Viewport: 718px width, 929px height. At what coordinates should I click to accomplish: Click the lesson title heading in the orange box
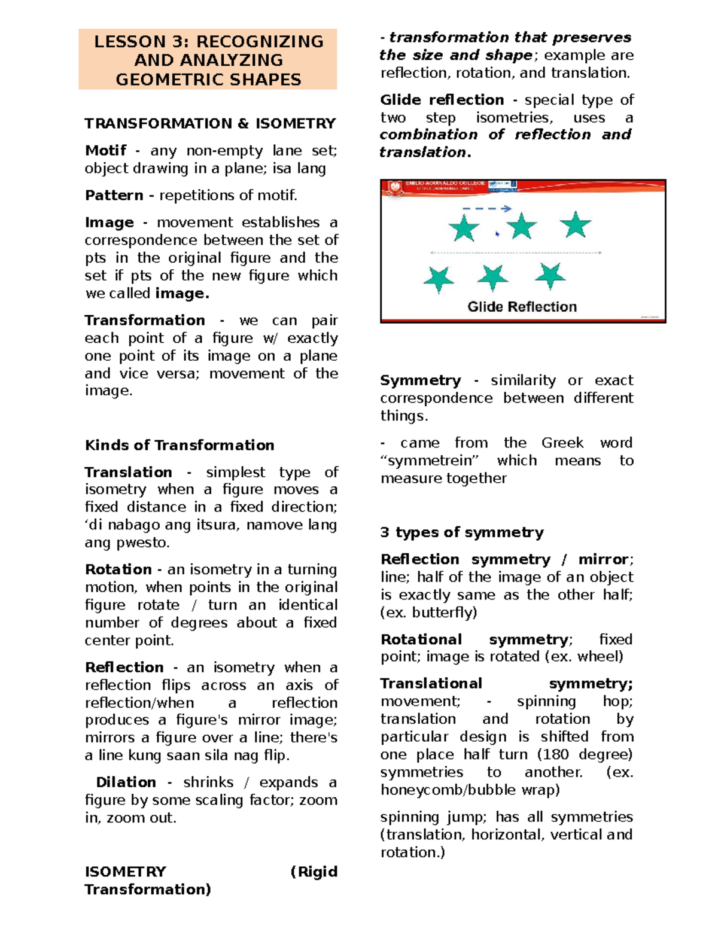[208, 60]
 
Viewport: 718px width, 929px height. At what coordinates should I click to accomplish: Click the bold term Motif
[105, 151]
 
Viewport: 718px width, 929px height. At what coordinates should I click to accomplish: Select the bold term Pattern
[114, 196]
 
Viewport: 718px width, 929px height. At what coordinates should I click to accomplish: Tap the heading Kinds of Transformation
[180, 445]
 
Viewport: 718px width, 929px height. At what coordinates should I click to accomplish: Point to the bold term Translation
[128, 472]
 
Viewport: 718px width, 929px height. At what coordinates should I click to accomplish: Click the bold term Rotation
[118, 569]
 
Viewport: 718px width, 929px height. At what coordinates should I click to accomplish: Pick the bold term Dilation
[126, 782]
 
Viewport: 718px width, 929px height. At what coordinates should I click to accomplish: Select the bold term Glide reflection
[442, 100]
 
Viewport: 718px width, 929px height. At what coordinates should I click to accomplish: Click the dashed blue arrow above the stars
[487, 209]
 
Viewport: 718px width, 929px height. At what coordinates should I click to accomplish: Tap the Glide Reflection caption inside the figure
[522, 307]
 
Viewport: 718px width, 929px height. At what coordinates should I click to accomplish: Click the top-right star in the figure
[575, 225]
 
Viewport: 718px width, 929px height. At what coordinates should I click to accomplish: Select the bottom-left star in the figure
[439, 279]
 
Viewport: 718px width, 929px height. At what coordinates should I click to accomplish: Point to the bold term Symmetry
[420, 380]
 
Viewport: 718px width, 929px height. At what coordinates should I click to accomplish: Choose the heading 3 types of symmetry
[461, 532]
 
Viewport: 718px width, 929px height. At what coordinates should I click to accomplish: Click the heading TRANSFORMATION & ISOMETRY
[209, 124]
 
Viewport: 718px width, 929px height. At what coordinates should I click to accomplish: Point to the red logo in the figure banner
[394, 187]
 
